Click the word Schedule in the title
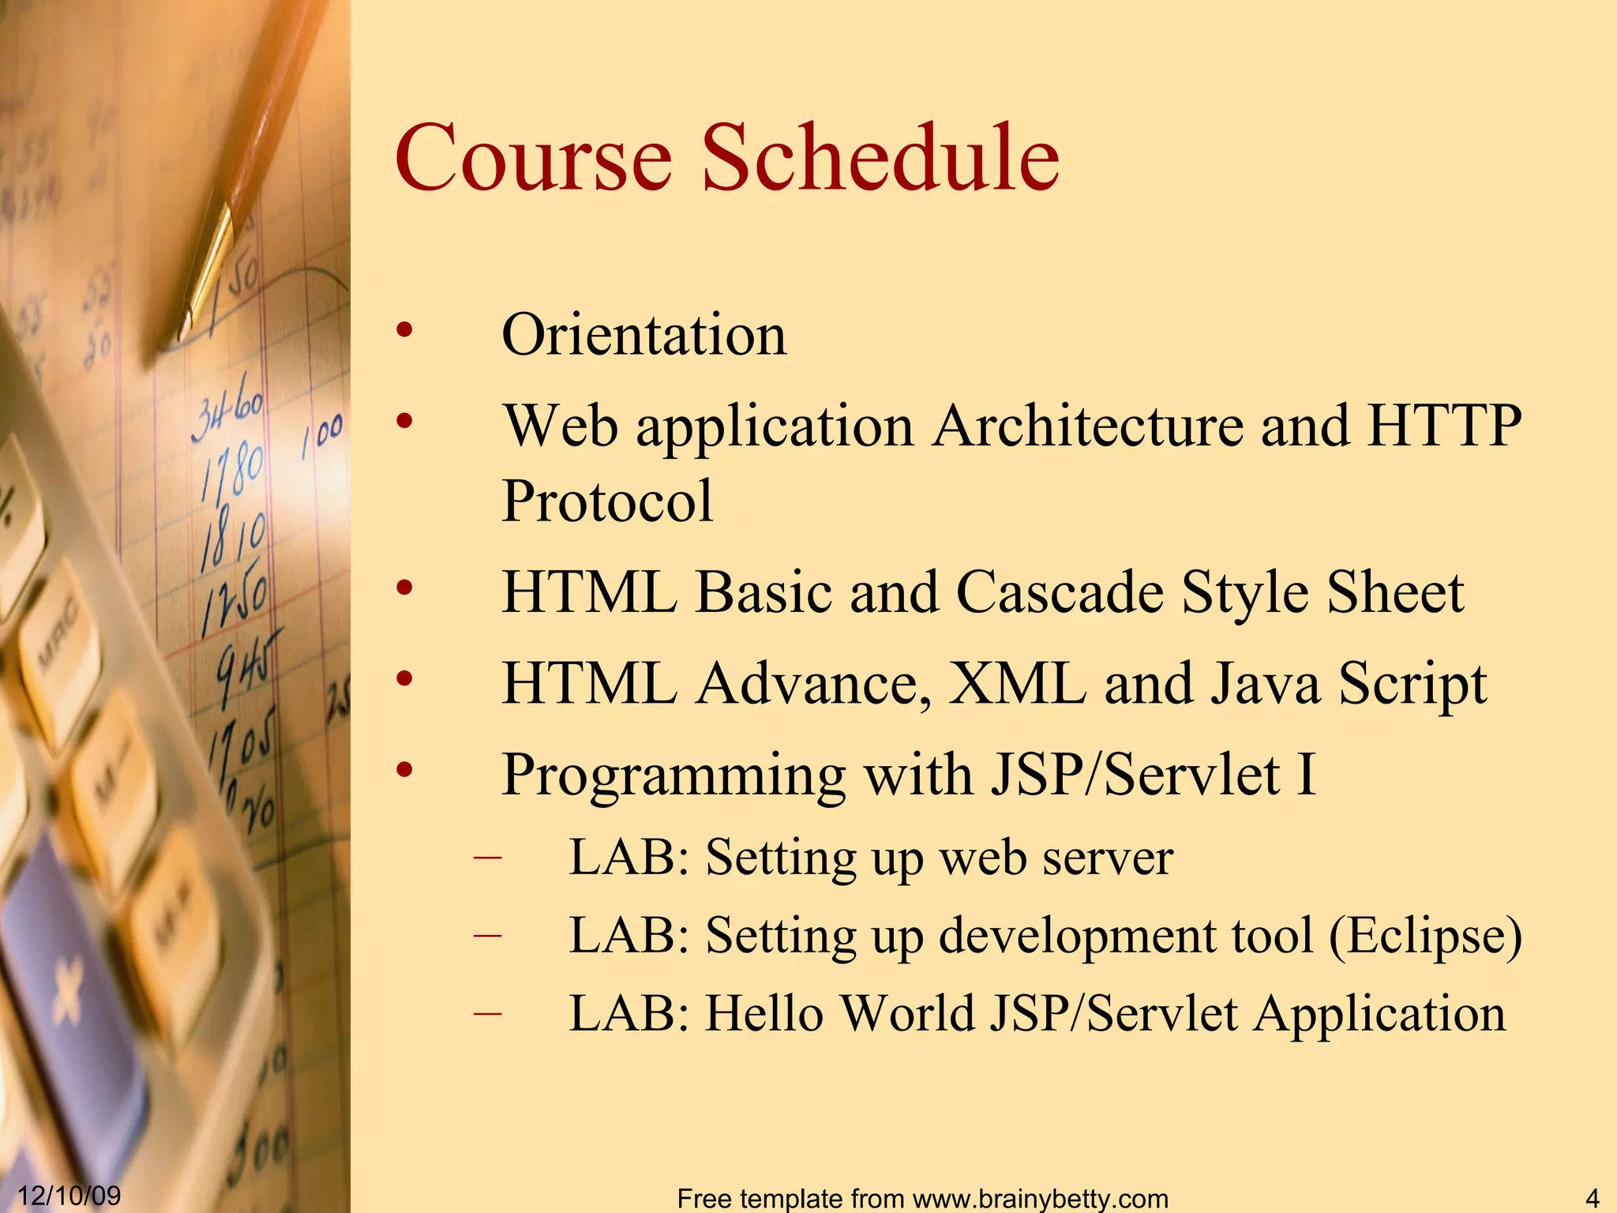[x=880, y=158]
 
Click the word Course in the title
[x=534, y=158]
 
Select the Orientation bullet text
[x=643, y=335]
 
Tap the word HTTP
[x=1444, y=426]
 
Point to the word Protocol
[x=607, y=501]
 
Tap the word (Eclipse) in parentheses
[x=1425, y=937]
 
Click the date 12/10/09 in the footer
[x=69, y=1195]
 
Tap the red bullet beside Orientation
[x=404, y=331]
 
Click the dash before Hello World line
[x=488, y=1012]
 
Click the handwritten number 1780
[x=231, y=470]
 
